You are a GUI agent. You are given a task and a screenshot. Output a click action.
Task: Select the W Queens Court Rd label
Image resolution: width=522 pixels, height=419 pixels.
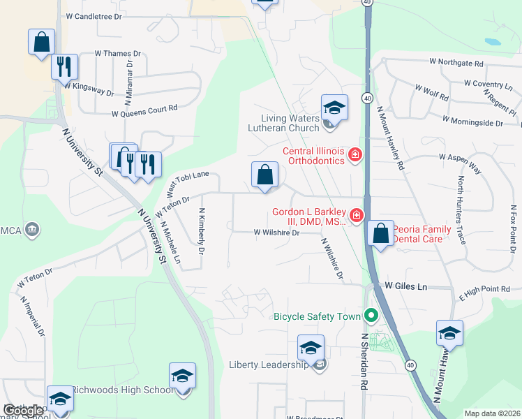144,109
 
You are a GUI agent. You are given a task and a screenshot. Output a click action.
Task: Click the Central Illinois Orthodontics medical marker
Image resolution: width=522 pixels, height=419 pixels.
355,154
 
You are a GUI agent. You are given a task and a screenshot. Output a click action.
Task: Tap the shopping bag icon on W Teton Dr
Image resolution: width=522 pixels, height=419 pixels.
265,175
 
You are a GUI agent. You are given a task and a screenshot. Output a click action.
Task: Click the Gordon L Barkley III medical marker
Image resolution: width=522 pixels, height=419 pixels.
357,215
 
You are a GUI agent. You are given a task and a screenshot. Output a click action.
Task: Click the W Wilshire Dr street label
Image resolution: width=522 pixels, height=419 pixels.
276,233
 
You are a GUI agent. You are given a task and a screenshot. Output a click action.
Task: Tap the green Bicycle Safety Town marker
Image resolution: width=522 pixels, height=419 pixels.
371,316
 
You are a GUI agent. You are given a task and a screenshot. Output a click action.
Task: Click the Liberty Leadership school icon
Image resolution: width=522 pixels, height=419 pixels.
311,347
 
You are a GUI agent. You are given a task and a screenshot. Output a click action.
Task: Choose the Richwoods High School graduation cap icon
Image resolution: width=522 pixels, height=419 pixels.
182,376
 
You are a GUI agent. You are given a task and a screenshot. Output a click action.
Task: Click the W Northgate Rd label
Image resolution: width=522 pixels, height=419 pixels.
456,62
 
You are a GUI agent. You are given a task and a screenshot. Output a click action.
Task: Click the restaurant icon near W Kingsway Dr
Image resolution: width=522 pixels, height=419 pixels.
64,67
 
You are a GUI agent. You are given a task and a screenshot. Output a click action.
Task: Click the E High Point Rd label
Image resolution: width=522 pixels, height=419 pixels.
485,289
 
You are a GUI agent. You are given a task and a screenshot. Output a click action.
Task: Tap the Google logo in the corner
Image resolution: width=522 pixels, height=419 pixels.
22,411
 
